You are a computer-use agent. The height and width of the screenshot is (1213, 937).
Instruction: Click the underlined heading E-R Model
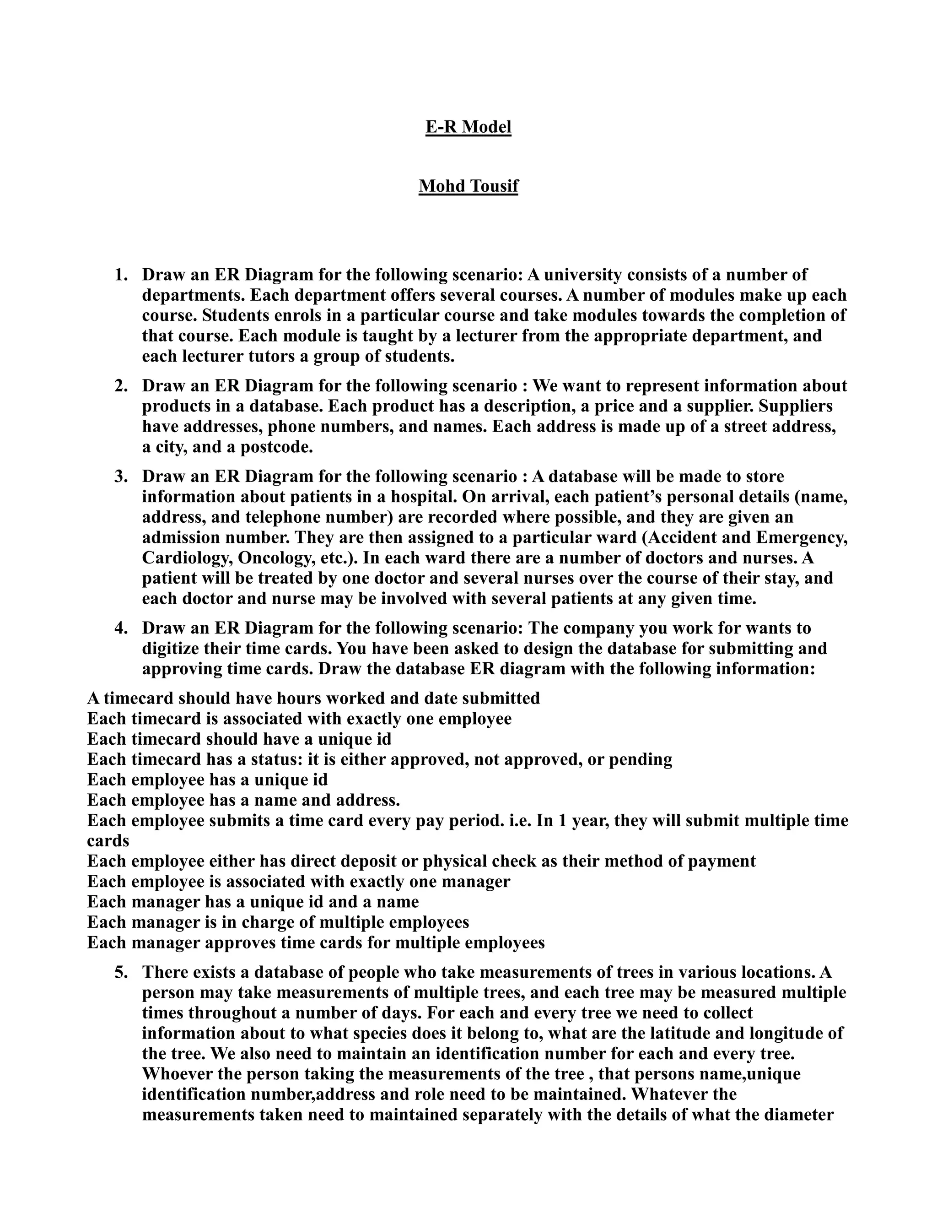point(468,127)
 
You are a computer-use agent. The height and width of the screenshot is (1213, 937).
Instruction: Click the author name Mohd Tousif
point(468,185)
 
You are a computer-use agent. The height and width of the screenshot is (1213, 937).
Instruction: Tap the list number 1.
point(121,275)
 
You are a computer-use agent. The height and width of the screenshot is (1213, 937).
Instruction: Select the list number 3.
point(121,477)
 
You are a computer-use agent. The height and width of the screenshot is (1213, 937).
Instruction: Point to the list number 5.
point(121,973)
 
